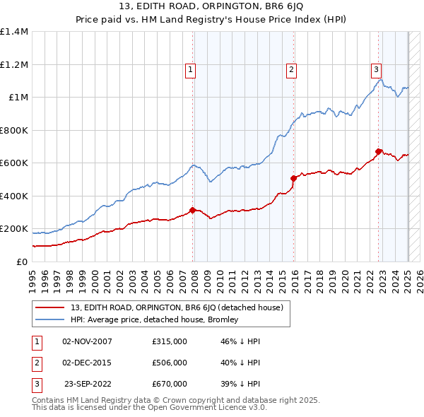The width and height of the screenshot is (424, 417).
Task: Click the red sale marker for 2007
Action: coord(192,210)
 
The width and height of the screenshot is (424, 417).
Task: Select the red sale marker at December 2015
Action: coord(293,179)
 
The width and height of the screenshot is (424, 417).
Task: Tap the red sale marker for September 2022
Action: coord(378,151)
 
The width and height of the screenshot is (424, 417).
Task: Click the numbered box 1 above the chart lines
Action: coord(191,69)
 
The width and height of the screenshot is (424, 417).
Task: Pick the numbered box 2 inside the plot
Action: coord(291,69)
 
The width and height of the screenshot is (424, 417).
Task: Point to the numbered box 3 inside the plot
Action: coord(377,69)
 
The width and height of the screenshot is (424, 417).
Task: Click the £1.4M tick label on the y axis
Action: coord(14,32)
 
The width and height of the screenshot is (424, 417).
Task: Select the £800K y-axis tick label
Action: coord(14,130)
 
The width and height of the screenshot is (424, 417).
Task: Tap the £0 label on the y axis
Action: coord(21,262)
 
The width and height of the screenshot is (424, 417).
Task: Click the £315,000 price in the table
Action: coord(170,341)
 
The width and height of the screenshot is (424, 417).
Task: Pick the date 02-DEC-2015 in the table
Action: coord(87,363)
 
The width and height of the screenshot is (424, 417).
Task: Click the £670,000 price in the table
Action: coord(170,384)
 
